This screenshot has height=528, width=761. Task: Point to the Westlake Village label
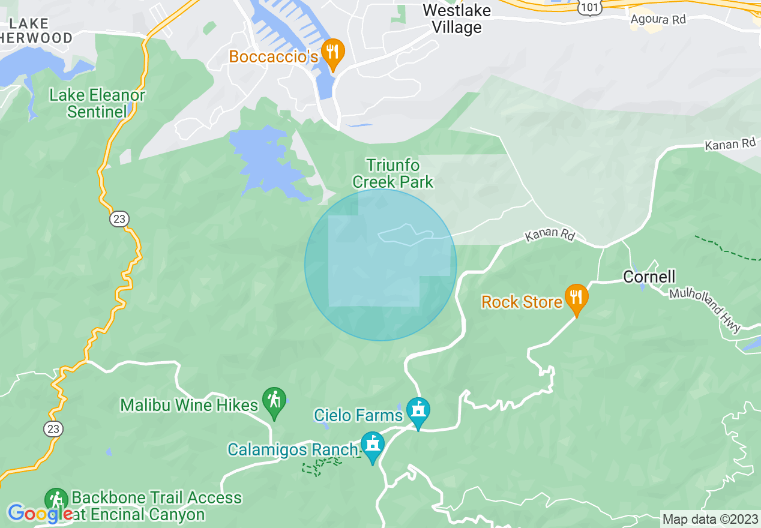pyautogui.click(x=456, y=19)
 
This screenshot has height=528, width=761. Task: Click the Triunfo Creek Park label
pyautogui.click(x=393, y=173)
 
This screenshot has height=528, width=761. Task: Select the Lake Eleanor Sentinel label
pyautogui.click(x=97, y=103)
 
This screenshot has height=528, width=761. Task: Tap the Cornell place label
pyautogui.click(x=649, y=277)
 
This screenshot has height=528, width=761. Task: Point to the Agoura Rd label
pyautogui.click(x=658, y=20)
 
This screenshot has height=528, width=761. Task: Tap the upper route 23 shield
pyautogui.click(x=119, y=219)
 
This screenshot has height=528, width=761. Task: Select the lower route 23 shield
pyautogui.click(x=52, y=429)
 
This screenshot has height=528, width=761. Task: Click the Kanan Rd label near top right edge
pyautogui.click(x=730, y=145)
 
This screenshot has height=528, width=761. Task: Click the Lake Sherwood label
pyautogui.click(x=36, y=31)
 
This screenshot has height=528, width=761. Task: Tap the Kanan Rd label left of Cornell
pyautogui.click(x=550, y=235)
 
